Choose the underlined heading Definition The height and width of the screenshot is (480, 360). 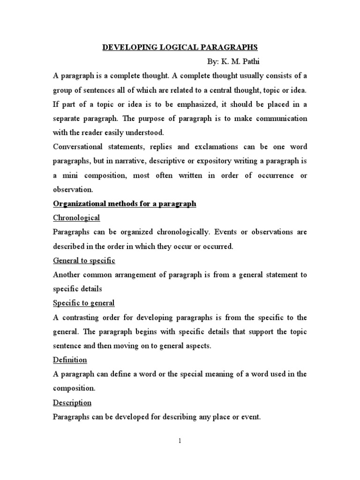(x=70, y=360)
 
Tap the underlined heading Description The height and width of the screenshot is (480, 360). (x=72, y=403)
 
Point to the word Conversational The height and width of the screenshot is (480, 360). (x=81, y=147)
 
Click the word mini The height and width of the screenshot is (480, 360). (x=71, y=175)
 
